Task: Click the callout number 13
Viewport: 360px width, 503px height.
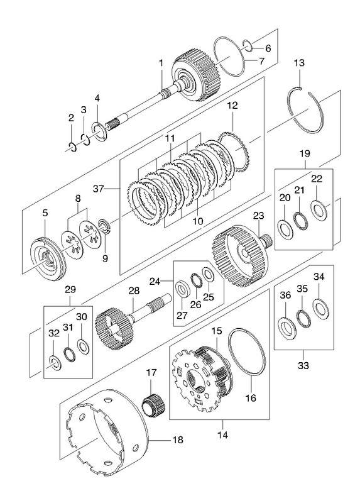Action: (299, 63)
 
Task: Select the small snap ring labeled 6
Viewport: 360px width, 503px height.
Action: (248, 45)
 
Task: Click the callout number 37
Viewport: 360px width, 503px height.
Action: (99, 189)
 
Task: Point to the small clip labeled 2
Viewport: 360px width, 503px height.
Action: (73, 147)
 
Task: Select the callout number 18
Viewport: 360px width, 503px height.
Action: (177, 439)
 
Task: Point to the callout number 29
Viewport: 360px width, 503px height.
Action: (70, 290)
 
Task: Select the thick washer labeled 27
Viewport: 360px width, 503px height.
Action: (182, 289)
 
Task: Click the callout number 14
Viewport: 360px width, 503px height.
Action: (222, 435)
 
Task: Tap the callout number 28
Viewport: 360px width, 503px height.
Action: (134, 291)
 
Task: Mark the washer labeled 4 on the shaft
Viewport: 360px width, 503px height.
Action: (101, 131)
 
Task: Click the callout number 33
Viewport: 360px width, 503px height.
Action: (303, 365)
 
